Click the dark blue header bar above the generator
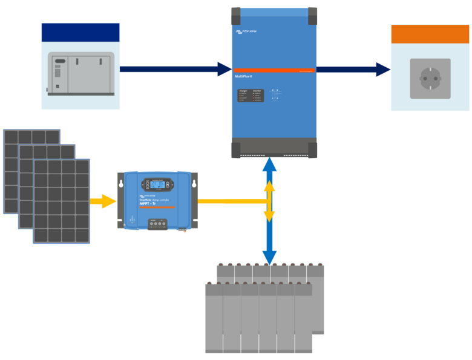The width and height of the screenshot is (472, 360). (x=80, y=32)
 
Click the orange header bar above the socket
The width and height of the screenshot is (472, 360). (x=430, y=34)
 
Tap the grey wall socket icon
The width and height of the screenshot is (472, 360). (x=430, y=79)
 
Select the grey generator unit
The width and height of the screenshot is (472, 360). (x=81, y=73)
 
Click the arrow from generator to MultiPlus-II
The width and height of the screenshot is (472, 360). (x=175, y=69)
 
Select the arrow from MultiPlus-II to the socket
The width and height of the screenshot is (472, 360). (x=353, y=70)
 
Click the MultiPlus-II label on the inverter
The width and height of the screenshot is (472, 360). (x=243, y=76)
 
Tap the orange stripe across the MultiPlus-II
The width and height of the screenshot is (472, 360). (x=274, y=70)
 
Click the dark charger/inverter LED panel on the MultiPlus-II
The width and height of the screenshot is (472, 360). (x=250, y=96)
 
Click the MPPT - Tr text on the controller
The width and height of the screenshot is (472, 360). (x=148, y=204)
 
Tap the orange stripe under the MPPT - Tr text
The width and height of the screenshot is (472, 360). (x=156, y=208)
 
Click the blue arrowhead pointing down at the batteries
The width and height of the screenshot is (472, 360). (x=269, y=257)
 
